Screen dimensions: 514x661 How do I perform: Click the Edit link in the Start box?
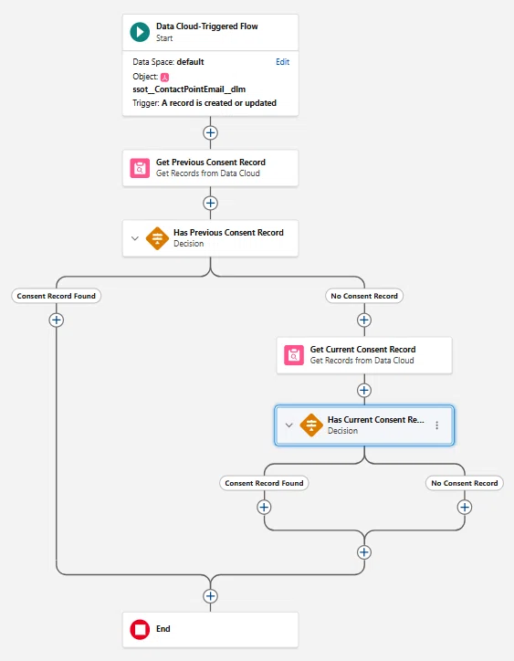(282, 62)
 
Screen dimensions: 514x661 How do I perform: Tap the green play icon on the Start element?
(140, 32)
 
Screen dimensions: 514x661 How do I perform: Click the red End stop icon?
(140, 629)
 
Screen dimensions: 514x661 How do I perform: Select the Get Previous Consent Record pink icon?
(140, 168)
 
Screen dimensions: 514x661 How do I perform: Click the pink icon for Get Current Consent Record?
(294, 355)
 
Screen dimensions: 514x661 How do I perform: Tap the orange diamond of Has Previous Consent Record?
(157, 238)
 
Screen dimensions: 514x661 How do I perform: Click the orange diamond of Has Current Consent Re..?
(311, 425)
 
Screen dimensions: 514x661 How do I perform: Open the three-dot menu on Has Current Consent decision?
(436, 425)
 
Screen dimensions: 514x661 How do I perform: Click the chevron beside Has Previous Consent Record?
(135, 238)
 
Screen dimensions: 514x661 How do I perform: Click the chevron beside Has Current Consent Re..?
(288, 425)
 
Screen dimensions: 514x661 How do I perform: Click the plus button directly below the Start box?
(210, 132)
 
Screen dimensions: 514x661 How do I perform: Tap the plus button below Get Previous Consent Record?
(210, 204)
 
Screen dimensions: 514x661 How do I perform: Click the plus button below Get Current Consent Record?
(364, 391)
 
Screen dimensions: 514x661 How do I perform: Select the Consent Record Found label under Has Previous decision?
(56, 296)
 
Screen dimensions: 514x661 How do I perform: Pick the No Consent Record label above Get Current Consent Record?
(364, 296)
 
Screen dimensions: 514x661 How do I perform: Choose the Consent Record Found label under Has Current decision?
(264, 483)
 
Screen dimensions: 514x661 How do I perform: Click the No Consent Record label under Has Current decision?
(465, 483)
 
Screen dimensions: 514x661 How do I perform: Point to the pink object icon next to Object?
(165, 77)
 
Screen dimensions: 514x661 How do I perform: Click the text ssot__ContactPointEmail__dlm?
(189, 89)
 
